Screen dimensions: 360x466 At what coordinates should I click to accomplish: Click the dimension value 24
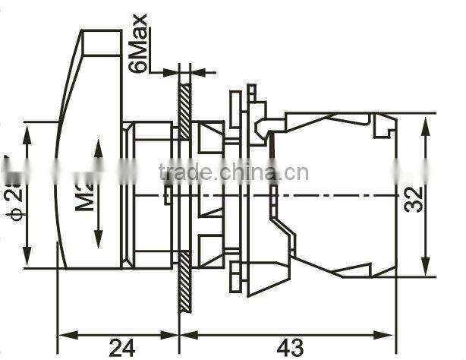click(118, 347)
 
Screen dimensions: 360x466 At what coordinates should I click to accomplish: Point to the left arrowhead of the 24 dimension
click(64, 333)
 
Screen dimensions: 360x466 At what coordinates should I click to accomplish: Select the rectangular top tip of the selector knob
click(100, 43)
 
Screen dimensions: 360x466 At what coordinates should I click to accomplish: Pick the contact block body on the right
click(334, 194)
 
